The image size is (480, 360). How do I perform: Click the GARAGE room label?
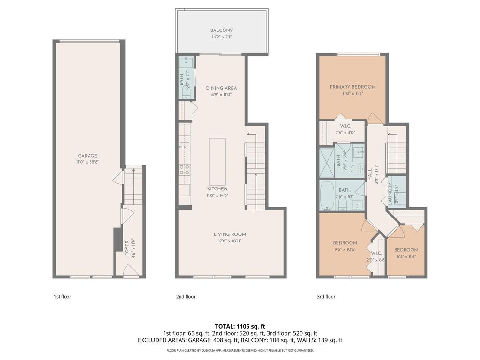click(x=88, y=156)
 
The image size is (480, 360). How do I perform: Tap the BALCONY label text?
click(x=222, y=30)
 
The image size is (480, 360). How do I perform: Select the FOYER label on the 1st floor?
click(x=127, y=248)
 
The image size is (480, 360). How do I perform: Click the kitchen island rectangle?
click(x=217, y=161)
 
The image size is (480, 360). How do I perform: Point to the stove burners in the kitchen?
click(x=184, y=169)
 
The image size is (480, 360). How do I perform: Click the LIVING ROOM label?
click(x=230, y=234)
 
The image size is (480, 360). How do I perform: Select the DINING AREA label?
click(x=221, y=88)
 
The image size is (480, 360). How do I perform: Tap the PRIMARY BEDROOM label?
click(x=352, y=87)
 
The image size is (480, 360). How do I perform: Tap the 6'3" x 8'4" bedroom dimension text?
click(x=406, y=256)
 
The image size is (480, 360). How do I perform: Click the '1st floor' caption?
click(x=62, y=297)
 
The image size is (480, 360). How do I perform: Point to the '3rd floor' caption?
click(x=326, y=297)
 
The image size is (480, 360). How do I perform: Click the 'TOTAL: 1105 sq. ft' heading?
click(x=240, y=326)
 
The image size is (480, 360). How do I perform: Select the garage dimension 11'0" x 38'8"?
click(x=88, y=162)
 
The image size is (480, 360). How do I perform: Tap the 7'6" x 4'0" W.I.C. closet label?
click(x=345, y=133)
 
